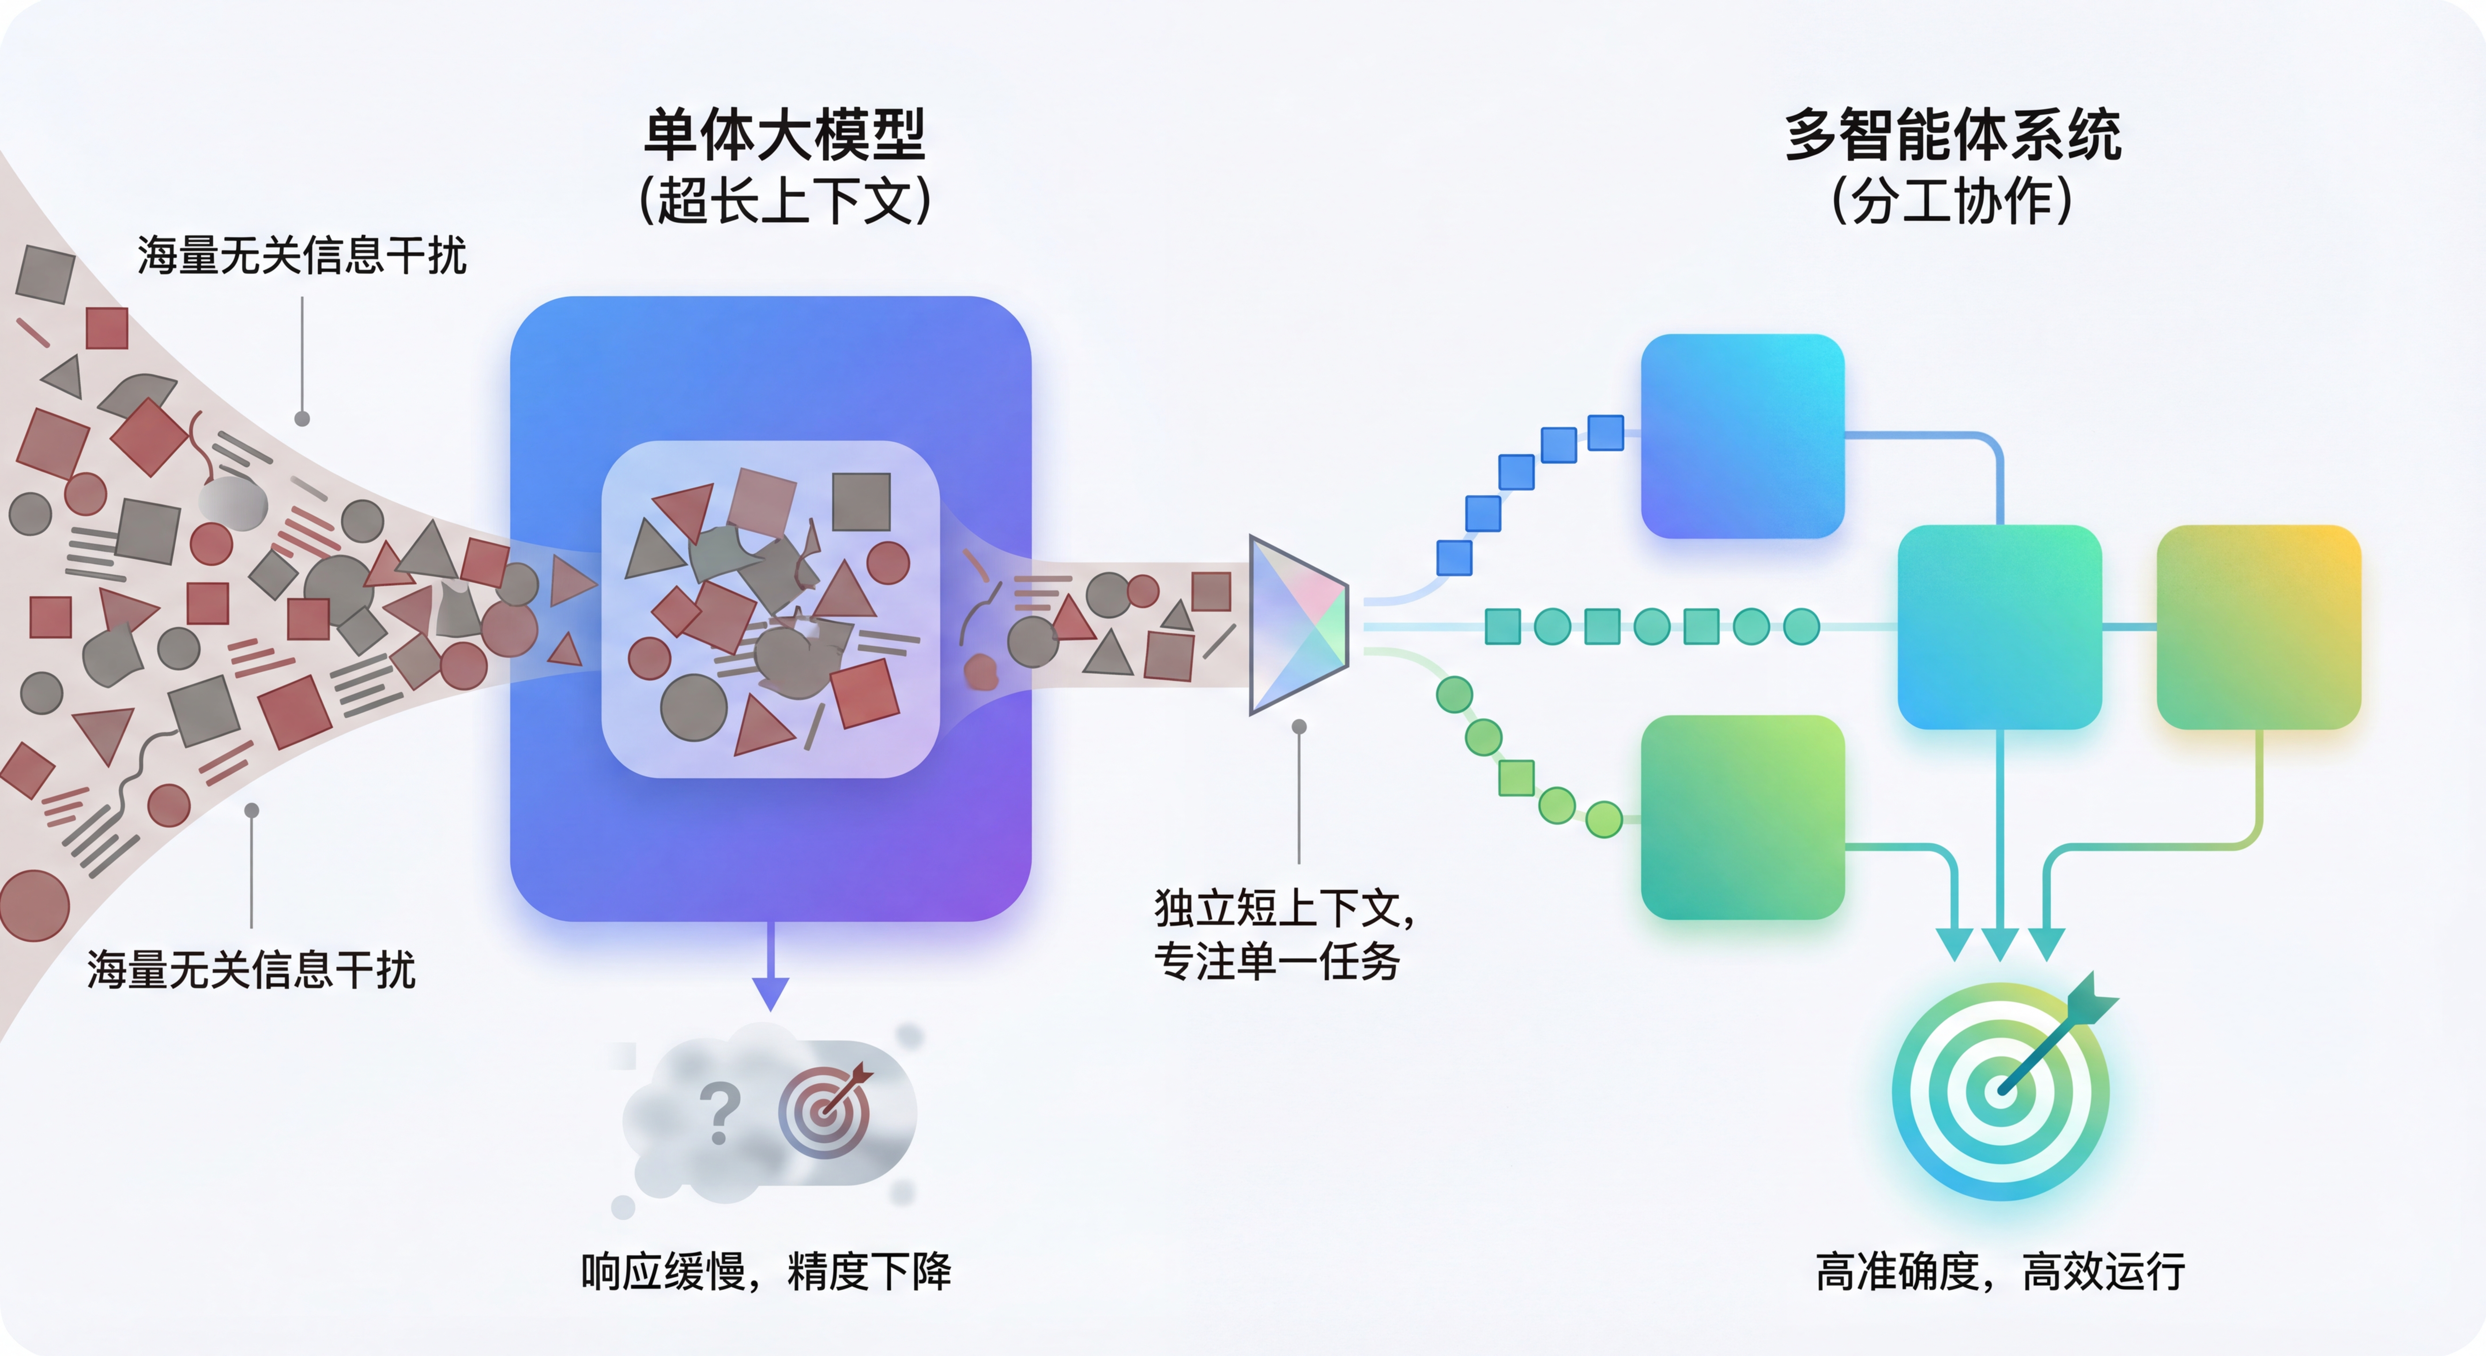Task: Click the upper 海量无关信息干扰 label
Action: (x=301, y=256)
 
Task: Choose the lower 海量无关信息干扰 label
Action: (x=251, y=970)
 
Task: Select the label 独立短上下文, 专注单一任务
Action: (x=1284, y=934)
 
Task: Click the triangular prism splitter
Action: (x=1296, y=625)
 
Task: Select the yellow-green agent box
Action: (x=2258, y=627)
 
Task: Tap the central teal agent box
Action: (x=2000, y=627)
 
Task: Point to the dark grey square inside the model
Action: (x=861, y=502)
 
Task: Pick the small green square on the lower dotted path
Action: (x=1516, y=778)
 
